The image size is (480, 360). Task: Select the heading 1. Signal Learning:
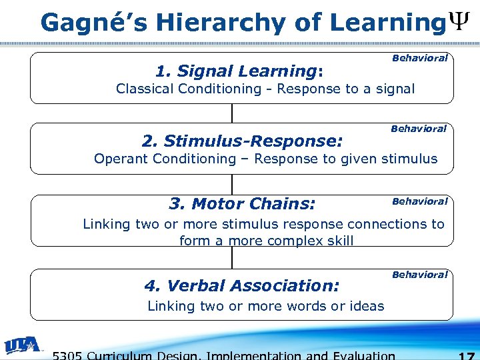coord(239,71)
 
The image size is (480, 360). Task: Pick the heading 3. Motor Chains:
coord(242,203)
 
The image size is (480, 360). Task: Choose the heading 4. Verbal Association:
coord(242,285)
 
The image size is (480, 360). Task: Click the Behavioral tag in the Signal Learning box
coord(419,58)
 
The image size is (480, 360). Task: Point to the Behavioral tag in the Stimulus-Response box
coord(418,128)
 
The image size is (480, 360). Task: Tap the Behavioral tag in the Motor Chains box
coord(419,201)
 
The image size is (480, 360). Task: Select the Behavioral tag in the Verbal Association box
coord(419,274)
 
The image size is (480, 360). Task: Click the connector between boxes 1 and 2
coord(232,113)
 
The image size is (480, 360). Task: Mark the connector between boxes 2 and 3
coord(232,183)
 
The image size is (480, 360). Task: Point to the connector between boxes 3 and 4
coord(232,257)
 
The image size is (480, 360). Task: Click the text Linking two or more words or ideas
coord(265,306)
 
